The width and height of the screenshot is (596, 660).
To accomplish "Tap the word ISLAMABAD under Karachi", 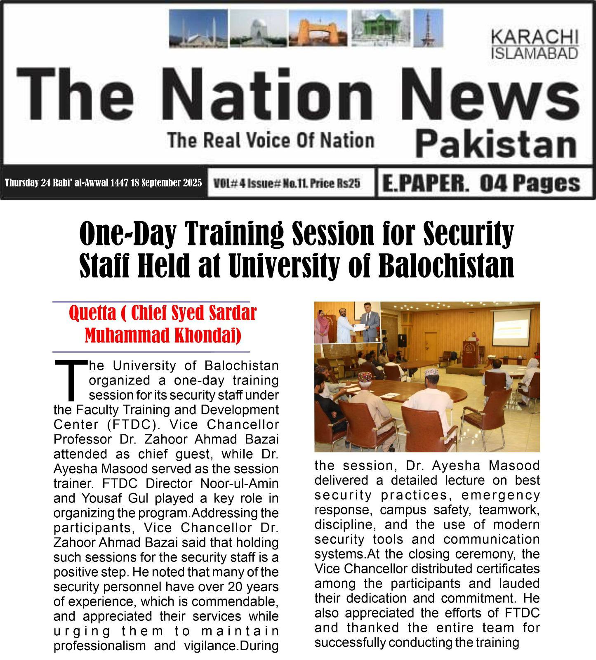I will pyautogui.click(x=534, y=53).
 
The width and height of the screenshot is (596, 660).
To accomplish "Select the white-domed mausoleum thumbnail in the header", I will pyautogui.click(x=258, y=28).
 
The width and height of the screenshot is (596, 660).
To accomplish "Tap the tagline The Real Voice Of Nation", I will pyautogui.click(x=271, y=140).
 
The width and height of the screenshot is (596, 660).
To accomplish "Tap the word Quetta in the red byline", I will pyautogui.click(x=92, y=313).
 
